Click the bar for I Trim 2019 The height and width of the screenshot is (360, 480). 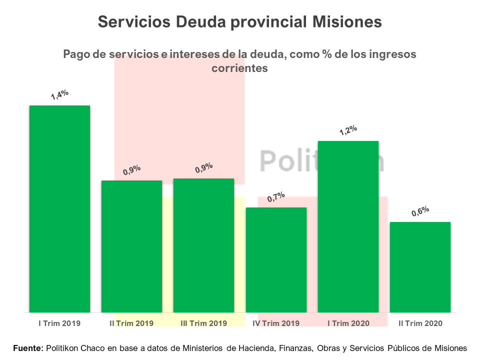click(x=59, y=209)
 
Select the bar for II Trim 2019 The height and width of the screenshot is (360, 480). click(x=131, y=246)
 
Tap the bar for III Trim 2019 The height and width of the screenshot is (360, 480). click(x=203, y=245)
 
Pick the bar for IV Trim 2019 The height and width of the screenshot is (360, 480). click(x=276, y=260)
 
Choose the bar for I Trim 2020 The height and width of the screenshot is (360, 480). click(x=348, y=226)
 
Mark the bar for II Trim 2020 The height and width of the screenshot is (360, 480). click(x=420, y=267)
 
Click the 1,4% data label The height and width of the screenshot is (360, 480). click(x=59, y=94)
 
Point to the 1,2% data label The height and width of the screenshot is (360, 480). click(x=348, y=130)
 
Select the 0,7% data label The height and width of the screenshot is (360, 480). click(x=276, y=197)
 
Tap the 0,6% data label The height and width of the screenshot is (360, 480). click(x=420, y=211)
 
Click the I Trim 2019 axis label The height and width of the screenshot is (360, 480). click(x=59, y=323)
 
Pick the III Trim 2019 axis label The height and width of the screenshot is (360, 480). click(x=203, y=323)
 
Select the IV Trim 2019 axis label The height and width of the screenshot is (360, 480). click(x=276, y=323)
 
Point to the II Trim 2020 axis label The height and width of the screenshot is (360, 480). click(x=420, y=323)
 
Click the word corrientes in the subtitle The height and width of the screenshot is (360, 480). click(x=239, y=68)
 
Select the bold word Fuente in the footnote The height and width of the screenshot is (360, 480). click(x=28, y=348)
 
